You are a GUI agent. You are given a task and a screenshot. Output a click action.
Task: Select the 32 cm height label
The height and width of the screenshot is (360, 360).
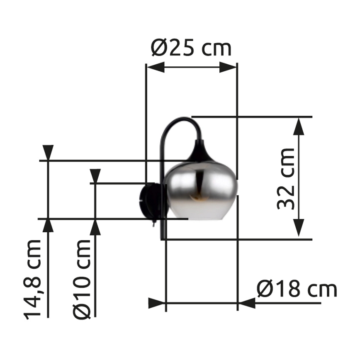(286, 178)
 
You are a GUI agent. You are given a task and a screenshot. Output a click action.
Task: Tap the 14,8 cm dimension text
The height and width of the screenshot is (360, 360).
(34, 279)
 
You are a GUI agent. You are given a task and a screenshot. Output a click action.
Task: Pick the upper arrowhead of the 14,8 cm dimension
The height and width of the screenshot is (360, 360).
(49, 152)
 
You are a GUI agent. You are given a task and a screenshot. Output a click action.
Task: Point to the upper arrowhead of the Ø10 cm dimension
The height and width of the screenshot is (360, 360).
(95, 176)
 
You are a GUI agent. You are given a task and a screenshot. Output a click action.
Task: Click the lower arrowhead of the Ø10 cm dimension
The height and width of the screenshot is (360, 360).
(95, 227)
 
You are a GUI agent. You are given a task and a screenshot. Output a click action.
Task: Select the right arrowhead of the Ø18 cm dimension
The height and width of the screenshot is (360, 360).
(247, 303)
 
